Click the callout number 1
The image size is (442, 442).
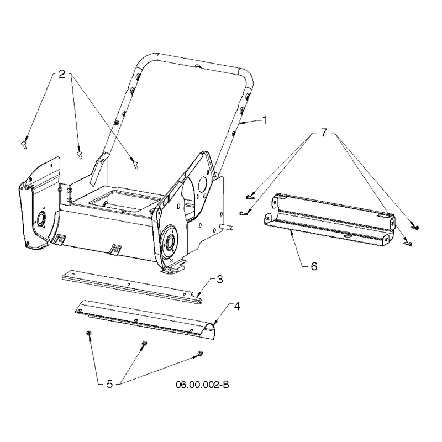coord(264,120)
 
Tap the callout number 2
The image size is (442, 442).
coord(62,74)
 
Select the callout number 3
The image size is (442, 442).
coord(220,280)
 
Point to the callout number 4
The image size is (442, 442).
coord(237,306)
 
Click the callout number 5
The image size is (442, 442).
coord(109,383)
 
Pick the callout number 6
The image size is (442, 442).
coord(314,266)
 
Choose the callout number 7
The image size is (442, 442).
coord(324,133)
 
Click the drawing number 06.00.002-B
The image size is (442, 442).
coord(202,385)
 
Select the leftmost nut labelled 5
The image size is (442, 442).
coord(88,334)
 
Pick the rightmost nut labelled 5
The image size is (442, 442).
coord(201,353)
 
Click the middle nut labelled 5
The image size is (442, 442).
coord(145,343)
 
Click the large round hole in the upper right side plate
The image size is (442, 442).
coord(203,183)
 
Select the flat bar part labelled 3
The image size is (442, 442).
coord(132,287)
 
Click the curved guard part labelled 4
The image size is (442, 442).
coord(145,319)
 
